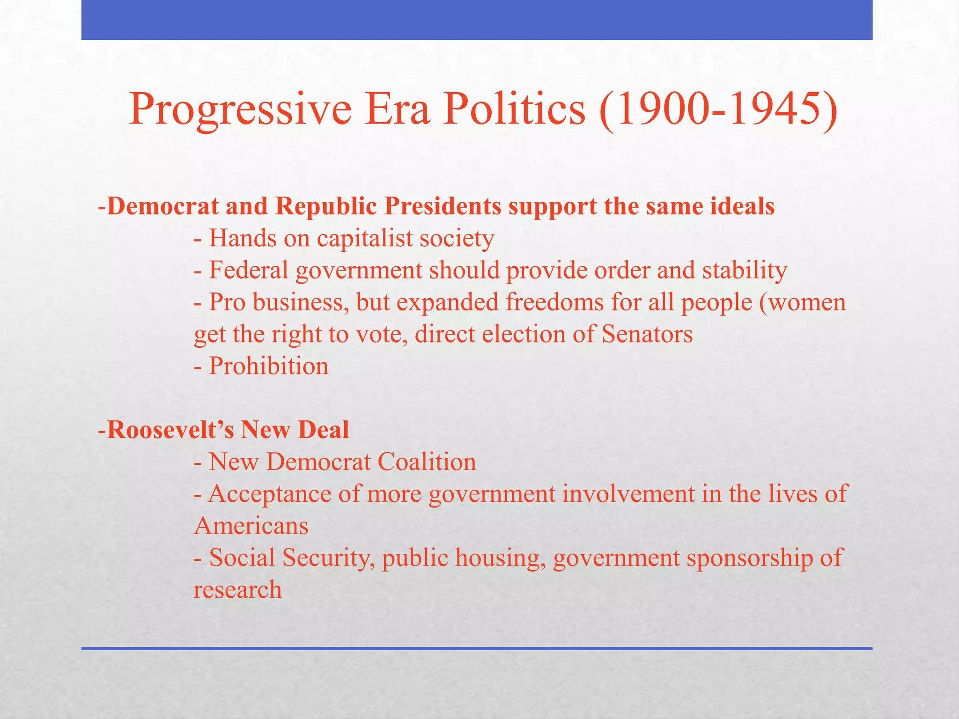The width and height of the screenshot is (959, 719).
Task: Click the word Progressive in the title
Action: [240, 110]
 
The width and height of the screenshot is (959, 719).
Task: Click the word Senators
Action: [647, 334]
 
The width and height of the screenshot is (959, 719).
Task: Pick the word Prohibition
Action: [268, 366]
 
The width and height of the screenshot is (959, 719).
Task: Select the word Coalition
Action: [427, 462]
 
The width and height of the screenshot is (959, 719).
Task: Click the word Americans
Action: [251, 526]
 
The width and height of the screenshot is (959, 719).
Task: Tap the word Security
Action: [325, 558]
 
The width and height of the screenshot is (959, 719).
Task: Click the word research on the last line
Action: [237, 590]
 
